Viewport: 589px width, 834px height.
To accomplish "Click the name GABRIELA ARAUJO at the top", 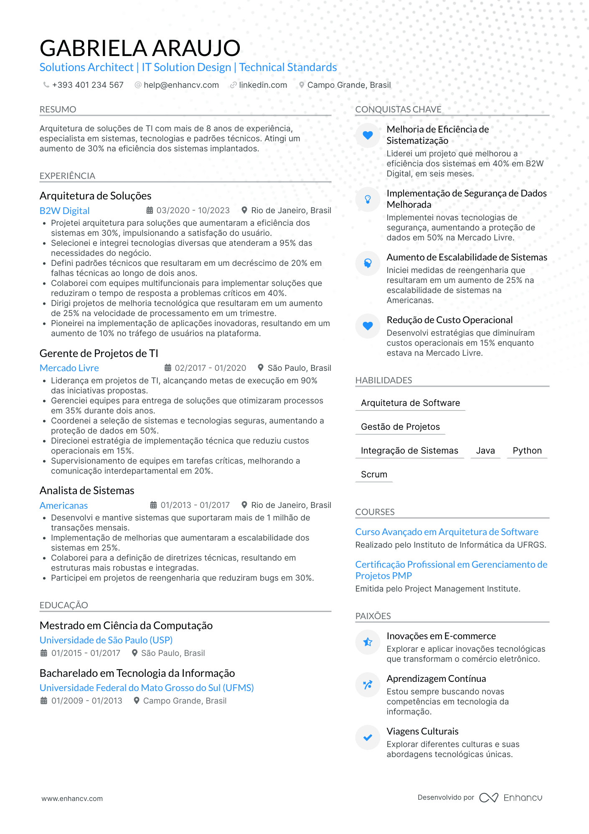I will coord(140,48).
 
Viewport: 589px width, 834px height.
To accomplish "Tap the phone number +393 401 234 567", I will coord(88,85).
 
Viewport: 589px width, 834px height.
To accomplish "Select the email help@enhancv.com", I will coord(181,85).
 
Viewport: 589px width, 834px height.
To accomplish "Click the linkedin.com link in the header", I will coord(263,85).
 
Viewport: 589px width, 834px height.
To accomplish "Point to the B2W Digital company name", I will coord(64,211).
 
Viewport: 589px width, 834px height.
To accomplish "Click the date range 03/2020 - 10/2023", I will coord(193,210).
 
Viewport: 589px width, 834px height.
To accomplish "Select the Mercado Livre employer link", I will coord(69,368).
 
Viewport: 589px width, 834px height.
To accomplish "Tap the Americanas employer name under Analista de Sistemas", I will coord(63,505).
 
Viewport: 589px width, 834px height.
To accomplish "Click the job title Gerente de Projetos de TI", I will coord(99,353).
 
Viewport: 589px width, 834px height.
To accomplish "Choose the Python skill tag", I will coord(527,451).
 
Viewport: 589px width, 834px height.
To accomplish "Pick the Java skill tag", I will coord(485,451).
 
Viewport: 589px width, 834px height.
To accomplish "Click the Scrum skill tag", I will coord(374,474).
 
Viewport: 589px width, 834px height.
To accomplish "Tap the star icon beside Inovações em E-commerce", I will coord(368,642).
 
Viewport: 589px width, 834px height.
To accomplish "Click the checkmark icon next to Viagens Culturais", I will coord(368,737).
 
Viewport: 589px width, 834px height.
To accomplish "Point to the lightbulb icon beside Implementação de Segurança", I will coord(368,199).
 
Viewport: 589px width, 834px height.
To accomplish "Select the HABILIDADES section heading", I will coord(383,380).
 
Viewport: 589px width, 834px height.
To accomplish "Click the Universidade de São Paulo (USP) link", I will coord(106,640).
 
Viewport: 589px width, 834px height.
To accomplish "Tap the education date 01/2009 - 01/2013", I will coord(86,701).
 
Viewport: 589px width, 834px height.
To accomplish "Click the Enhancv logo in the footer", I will coord(510,798).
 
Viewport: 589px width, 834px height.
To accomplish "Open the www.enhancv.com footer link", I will coord(72,798).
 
